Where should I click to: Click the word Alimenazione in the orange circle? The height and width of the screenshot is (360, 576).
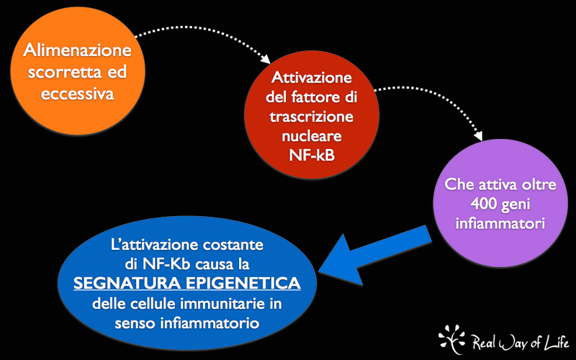(77, 50)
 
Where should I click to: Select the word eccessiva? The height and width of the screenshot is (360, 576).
(77, 94)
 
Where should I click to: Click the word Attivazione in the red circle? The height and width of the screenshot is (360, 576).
(312, 78)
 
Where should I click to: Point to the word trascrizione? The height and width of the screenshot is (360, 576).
(312, 117)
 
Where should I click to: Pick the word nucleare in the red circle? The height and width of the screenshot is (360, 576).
(312, 136)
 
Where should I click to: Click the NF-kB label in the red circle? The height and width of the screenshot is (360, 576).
(312, 156)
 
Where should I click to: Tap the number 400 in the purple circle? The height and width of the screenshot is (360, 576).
(484, 204)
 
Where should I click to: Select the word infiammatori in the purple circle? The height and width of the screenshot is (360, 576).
(500, 223)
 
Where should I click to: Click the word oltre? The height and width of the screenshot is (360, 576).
(539, 184)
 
